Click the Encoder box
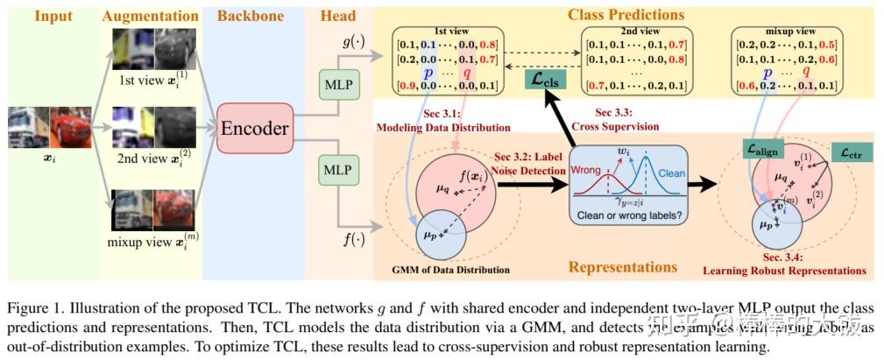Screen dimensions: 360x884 tap(253, 129)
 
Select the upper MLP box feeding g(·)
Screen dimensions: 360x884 tap(336, 88)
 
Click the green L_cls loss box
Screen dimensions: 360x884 tap(546, 80)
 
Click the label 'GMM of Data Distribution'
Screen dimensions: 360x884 tap(449, 268)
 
